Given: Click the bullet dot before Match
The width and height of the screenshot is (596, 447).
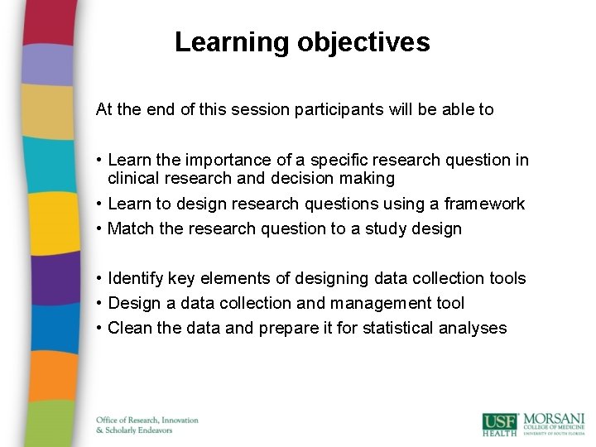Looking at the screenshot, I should point(99,229).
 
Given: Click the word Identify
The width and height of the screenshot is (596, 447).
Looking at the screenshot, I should point(136,279).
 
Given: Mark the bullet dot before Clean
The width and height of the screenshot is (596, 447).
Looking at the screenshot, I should point(99,329).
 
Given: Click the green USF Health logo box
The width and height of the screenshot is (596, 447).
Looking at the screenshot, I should point(500,423).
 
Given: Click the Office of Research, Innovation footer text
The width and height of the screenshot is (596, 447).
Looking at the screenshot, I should point(147,421).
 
